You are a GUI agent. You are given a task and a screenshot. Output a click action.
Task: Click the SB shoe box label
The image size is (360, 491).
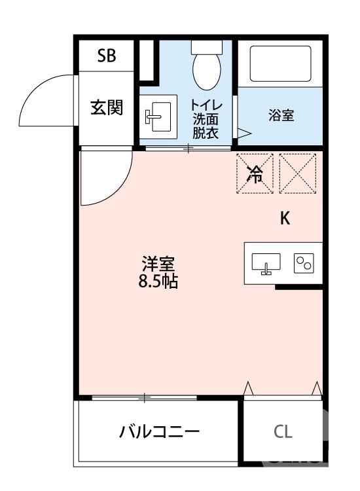coord(107,56)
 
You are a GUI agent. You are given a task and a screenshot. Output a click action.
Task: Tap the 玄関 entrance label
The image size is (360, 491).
coord(107,106)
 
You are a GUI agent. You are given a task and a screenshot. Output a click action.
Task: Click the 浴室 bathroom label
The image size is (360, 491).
coord(281,116)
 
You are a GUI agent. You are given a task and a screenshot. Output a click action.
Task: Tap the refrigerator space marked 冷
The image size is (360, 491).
coord(255,173)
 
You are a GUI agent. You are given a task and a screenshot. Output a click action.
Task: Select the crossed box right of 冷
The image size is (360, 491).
coord(297,173)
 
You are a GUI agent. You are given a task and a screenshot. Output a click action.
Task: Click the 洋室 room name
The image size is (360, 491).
coord(159,265)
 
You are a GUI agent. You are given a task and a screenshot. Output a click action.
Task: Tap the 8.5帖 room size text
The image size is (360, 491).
coord(159,283)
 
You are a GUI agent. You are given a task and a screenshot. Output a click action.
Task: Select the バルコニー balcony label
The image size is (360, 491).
coord(159,432)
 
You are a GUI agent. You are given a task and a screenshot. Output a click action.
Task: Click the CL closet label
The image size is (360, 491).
coord(283,432)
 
